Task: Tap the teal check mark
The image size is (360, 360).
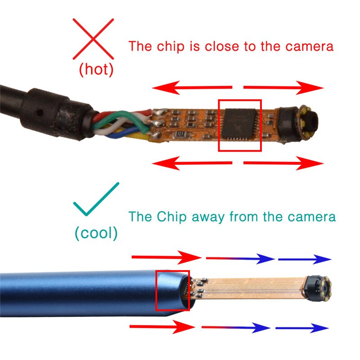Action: click(95, 201)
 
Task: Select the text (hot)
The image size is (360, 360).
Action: click(96, 70)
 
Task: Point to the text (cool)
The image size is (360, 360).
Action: click(96, 233)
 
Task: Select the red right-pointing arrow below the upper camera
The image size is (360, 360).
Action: click(283, 163)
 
